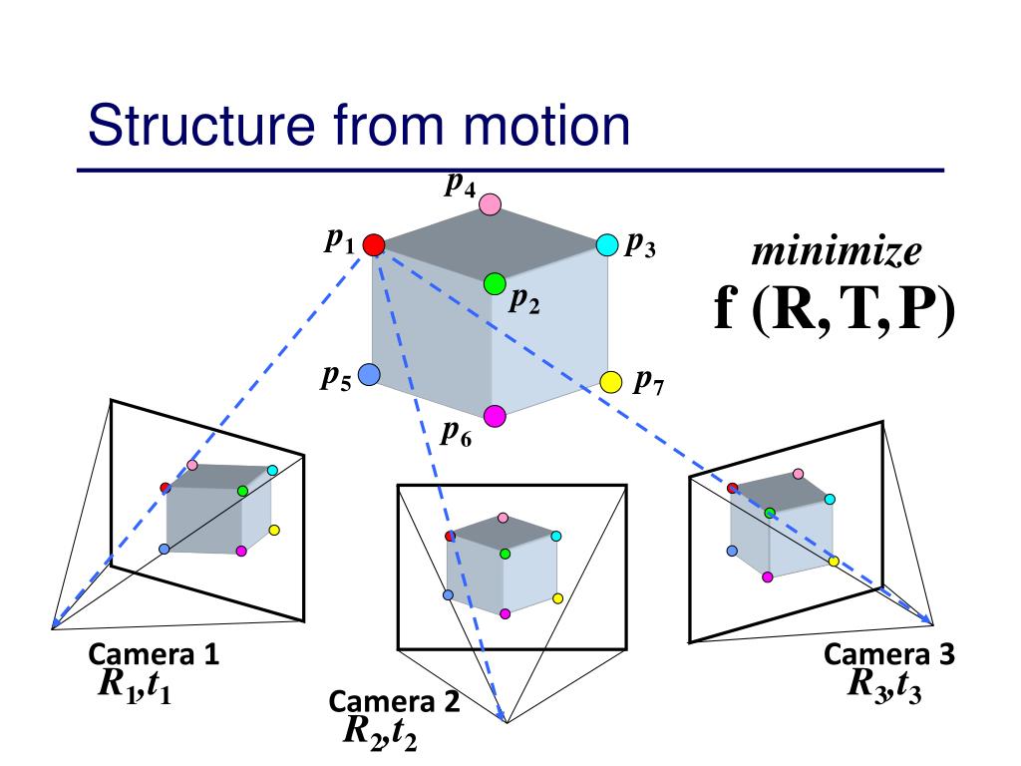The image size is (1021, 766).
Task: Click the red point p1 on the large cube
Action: (374, 244)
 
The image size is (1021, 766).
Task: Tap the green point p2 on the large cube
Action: (495, 284)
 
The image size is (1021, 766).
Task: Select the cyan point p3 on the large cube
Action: (607, 244)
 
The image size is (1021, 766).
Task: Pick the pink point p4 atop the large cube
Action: (490, 204)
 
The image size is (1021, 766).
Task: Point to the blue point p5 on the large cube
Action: (369, 375)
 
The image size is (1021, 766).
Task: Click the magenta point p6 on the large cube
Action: (495, 415)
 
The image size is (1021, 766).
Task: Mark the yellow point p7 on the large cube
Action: (611, 381)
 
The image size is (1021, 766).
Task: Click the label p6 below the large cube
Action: (457, 433)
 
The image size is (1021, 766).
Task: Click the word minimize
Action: (836, 253)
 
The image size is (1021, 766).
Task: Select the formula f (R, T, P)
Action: (834, 311)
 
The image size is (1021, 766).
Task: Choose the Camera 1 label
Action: (154, 654)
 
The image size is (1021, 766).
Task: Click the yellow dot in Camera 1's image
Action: (274, 530)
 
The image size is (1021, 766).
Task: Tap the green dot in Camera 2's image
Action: (505, 553)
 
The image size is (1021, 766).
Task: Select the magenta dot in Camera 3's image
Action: (768, 576)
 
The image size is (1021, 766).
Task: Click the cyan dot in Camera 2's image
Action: (556, 536)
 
